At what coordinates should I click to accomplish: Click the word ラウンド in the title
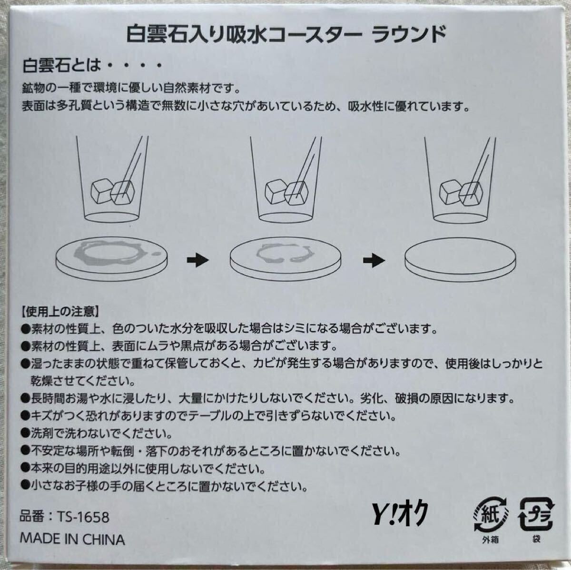click(409, 35)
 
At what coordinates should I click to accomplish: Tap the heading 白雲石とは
click(62, 66)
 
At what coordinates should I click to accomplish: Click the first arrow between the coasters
click(198, 260)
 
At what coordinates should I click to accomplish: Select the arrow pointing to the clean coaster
click(374, 260)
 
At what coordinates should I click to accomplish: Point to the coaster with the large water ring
click(111, 258)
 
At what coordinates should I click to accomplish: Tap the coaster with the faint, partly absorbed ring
click(285, 258)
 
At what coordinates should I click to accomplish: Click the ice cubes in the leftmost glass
click(112, 192)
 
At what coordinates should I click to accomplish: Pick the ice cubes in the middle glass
click(286, 192)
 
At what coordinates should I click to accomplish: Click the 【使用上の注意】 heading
click(60, 312)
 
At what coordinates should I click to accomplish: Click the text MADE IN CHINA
click(72, 540)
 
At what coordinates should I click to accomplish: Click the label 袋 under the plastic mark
click(536, 539)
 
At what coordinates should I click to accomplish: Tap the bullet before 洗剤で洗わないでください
click(26, 434)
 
